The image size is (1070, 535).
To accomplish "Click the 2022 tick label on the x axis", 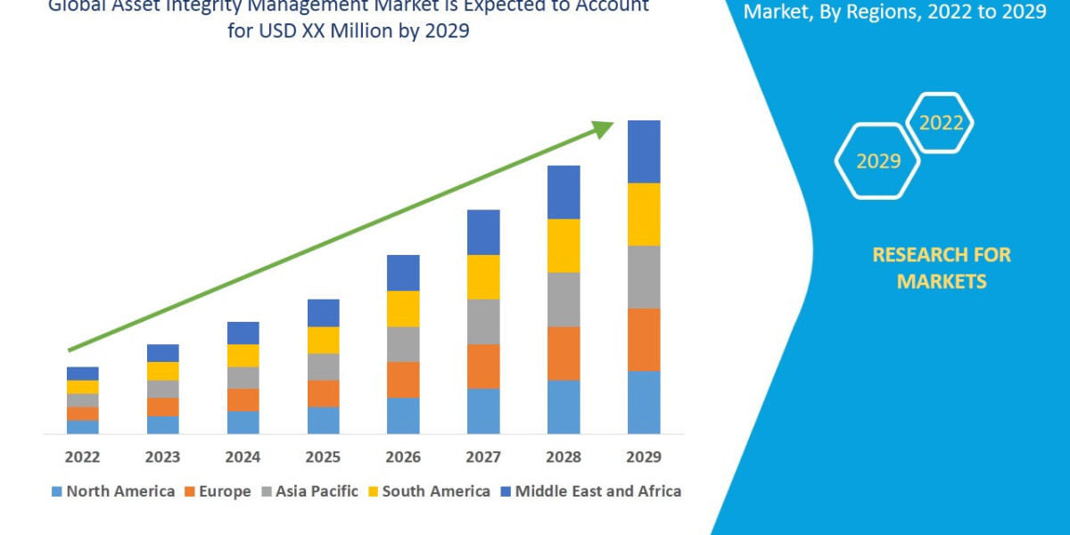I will click(x=82, y=457).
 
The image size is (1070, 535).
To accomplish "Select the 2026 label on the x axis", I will click(x=403, y=457).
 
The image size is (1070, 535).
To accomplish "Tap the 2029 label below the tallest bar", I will click(x=644, y=457).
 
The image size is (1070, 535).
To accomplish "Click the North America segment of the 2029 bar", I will click(x=644, y=402).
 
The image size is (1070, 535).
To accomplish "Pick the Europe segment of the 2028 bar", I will click(x=564, y=353).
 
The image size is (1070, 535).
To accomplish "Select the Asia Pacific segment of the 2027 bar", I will click(x=483, y=321).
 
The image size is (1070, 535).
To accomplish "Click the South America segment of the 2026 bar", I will click(x=403, y=309).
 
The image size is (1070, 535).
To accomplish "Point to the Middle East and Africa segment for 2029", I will click(x=644, y=152).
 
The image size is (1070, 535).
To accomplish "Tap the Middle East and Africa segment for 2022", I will click(x=82, y=373).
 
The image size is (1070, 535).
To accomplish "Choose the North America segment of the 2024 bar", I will click(x=243, y=422).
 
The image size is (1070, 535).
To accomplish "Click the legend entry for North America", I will click(x=113, y=491).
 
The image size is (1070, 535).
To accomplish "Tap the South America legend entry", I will click(x=428, y=491).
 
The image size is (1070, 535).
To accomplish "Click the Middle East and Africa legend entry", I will click(x=590, y=491).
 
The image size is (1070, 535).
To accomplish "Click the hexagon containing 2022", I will click(x=941, y=123).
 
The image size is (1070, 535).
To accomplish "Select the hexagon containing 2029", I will click(x=877, y=161).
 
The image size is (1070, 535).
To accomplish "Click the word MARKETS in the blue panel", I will click(x=942, y=282).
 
